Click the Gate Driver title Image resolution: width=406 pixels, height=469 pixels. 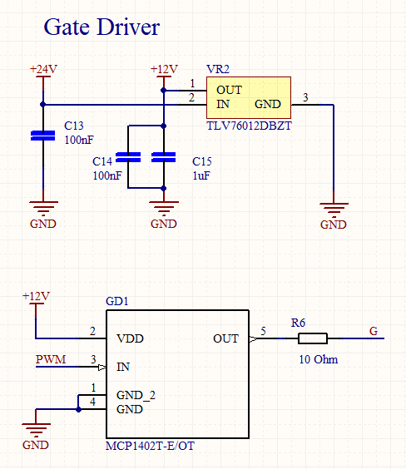101,27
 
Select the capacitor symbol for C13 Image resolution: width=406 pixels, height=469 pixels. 43,136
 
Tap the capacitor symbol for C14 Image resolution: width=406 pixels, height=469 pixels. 128,157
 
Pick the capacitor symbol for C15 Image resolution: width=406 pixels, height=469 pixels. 164,157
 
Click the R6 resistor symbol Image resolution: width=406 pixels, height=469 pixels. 313,338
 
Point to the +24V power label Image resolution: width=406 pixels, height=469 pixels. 43,69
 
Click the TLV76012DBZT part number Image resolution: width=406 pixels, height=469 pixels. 250,126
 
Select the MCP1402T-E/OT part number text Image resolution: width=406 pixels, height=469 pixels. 150,446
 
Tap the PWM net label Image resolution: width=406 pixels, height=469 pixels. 51,359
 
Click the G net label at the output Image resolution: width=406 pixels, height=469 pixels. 374,331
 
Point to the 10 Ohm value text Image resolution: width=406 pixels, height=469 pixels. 319,359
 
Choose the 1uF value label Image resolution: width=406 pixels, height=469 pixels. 201,175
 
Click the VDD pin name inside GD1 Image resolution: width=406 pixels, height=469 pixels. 130,338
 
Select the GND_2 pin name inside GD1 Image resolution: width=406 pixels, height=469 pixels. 136,396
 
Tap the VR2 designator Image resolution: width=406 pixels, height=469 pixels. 218,69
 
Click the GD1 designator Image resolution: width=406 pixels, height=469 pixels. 117,301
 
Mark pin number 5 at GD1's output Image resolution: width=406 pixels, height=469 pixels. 263,331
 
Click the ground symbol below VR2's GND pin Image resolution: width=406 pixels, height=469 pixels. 334,209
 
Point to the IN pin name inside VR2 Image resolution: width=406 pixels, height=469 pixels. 223,104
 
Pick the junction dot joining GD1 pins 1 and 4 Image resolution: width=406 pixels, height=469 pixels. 78,409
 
